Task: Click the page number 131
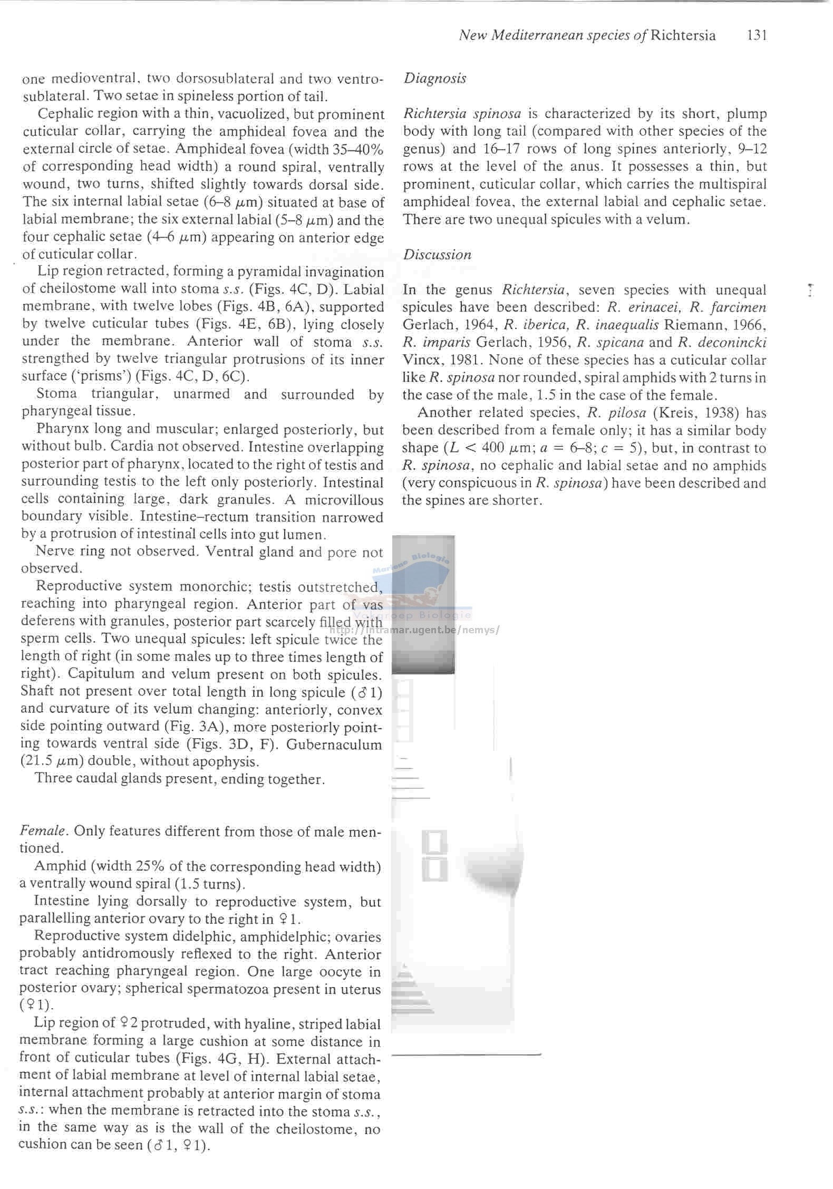coord(757,35)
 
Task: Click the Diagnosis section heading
coord(435,79)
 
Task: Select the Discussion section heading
coord(437,255)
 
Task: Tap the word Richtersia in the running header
coord(683,35)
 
